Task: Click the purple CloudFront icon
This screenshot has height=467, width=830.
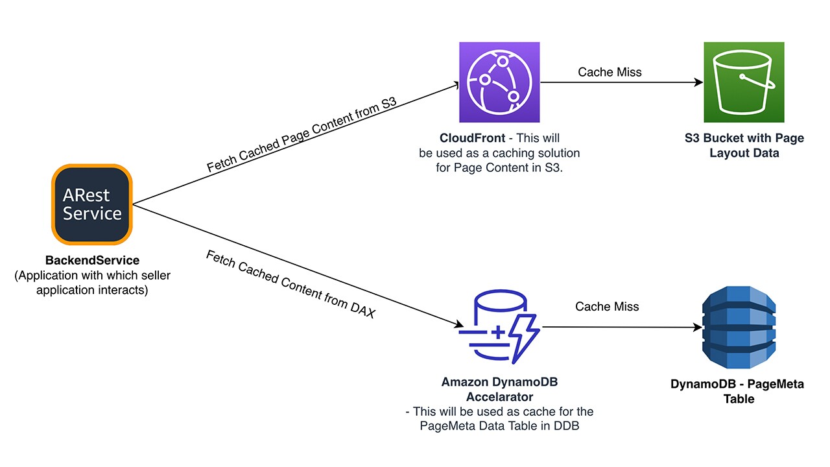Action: (499, 82)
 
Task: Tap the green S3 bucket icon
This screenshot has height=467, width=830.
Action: (744, 82)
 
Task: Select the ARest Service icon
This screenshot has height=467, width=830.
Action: (92, 204)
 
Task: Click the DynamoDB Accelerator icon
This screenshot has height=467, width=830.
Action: (499, 328)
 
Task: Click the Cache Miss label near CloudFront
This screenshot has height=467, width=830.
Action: (610, 72)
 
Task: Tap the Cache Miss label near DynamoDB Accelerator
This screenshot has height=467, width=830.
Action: (607, 306)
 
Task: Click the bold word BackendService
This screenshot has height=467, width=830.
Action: (92, 261)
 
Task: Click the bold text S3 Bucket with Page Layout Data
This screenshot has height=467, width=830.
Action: (744, 146)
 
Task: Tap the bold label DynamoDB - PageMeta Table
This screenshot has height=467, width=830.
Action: (737, 391)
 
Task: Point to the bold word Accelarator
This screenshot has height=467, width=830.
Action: (499, 396)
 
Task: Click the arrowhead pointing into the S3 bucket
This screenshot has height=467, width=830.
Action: (699, 82)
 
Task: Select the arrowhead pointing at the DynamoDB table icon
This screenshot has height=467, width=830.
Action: (698, 327)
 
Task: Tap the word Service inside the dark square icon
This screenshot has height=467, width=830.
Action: (92, 213)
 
